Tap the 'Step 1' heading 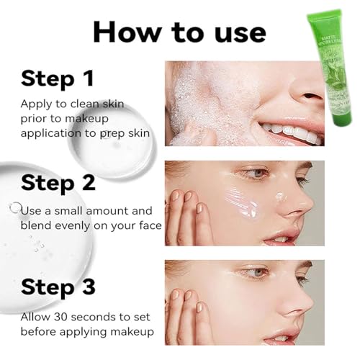tap(58, 78)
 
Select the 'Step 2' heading tap(58, 182)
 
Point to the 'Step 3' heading tap(58, 287)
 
